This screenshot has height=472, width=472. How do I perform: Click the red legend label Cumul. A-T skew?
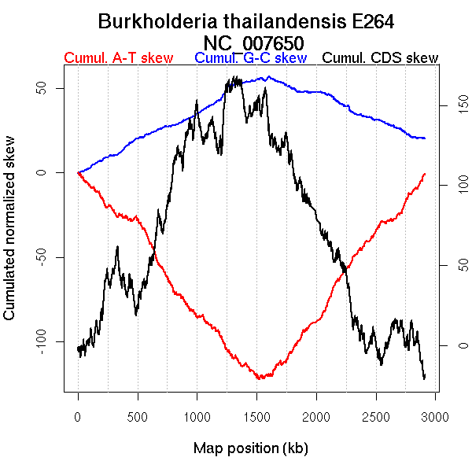tap(118, 58)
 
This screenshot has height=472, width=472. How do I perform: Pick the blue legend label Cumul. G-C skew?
tap(250, 58)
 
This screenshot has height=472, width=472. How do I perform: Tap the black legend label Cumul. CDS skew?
tap(381, 58)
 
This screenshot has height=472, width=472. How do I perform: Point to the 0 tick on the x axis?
tap(78, 416)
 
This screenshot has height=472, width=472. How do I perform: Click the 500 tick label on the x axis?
tap(138, 416)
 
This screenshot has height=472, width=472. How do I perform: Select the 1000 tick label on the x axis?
tap(197, 416)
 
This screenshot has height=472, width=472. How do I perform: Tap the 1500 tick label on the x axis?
tap(257, 416)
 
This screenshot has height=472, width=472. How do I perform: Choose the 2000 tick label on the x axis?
tap(316, 416)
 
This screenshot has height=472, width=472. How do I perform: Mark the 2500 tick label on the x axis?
tap(376, 416)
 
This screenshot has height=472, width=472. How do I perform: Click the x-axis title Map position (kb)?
tap(251, 448)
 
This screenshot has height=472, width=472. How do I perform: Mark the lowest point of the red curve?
tap(259, 378)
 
